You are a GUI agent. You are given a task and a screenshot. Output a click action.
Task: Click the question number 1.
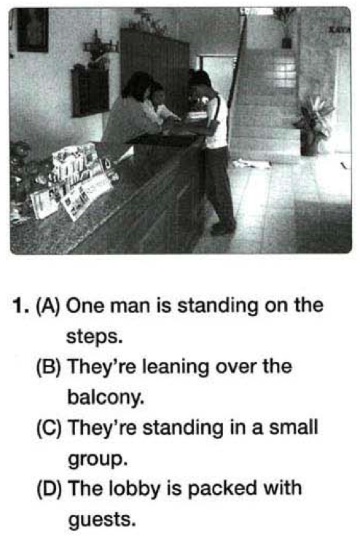(x=20, y=306)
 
